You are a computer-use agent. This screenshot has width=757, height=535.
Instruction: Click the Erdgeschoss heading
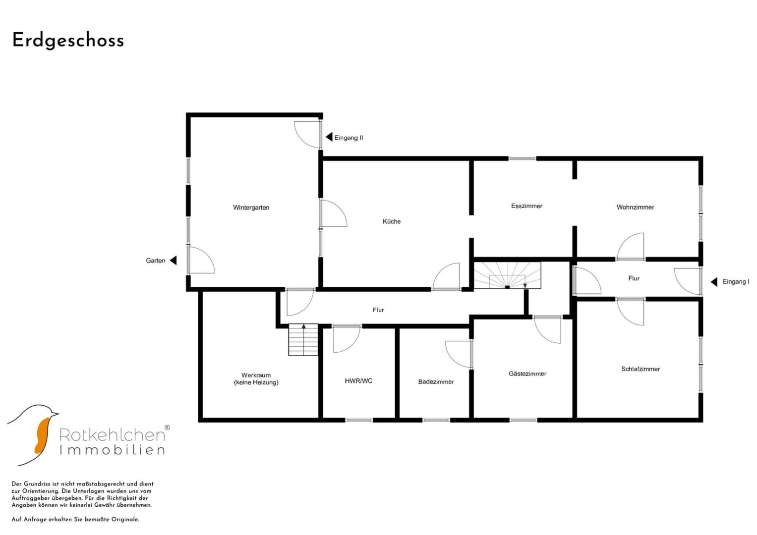click(x=68, y=41)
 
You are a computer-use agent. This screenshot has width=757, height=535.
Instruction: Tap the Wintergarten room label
click(x=251, y=208)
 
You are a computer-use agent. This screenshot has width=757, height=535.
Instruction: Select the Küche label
click(x=392, y=221)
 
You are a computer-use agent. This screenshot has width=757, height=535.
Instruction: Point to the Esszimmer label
click(x=526, y=206)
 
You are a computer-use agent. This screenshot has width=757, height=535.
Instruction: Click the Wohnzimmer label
click(x=636, y=208)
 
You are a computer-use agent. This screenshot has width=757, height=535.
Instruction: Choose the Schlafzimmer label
click(x=641, y=369)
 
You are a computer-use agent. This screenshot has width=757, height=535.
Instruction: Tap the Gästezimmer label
click(x=527, y=374)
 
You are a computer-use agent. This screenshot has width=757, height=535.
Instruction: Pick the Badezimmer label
click(x=436, y=382)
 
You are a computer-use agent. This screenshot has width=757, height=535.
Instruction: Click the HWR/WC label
click(x=358, y=381)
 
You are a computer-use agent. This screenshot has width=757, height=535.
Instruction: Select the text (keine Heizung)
click(x=256, y=382)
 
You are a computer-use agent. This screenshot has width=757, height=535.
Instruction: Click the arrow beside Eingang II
click(x=329, y=137)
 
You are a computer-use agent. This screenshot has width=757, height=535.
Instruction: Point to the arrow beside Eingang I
click(x=714, y=282)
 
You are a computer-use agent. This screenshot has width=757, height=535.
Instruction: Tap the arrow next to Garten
click(x=173, y=261)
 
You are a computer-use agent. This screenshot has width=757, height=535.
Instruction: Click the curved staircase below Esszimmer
click(x=507, y=275)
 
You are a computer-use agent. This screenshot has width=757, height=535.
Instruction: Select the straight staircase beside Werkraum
click(x=303, y=340)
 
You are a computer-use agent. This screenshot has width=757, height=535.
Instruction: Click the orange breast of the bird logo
click(x=42, y=435)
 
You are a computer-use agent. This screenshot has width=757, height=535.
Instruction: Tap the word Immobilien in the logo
click(x=112, y=450)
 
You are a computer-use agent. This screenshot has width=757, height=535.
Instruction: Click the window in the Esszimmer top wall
click(x=522, y=159)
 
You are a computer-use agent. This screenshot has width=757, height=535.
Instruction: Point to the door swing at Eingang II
click(x=306, y=134)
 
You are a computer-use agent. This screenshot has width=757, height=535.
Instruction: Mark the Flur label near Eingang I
click(x=634, y=278)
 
